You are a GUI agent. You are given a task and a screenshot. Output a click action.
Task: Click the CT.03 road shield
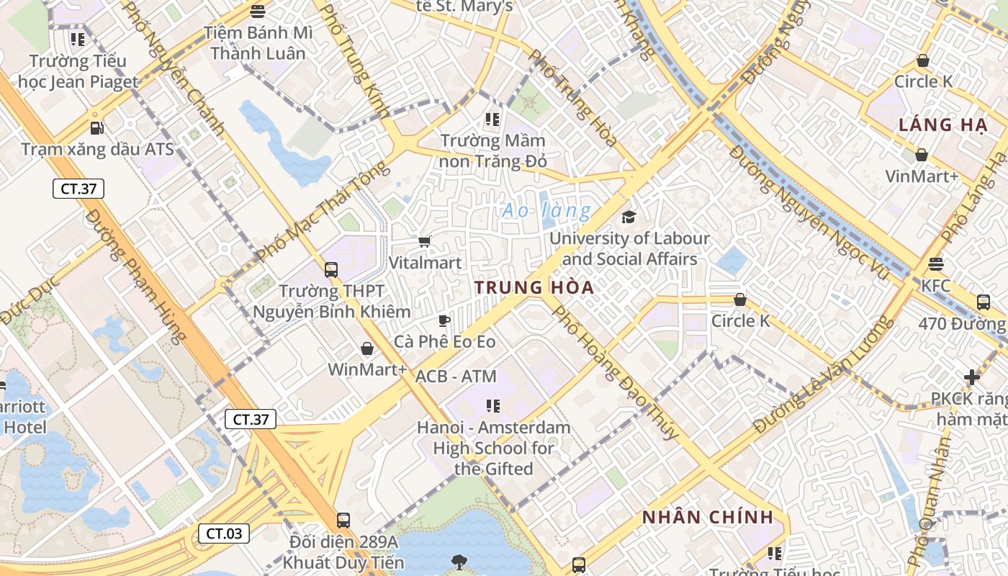click(x=224, y=534)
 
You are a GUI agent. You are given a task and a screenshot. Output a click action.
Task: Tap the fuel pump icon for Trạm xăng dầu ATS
click(x=96, y=128)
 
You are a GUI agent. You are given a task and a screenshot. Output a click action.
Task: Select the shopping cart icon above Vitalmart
click(x=425, y=242)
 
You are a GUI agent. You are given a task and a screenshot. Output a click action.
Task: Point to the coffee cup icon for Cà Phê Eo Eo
click(x=444, y=320)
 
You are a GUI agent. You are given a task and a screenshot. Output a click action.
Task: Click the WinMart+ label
click(x=367, y=369)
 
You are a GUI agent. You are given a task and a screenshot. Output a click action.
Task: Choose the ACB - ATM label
click(x=456, y=376)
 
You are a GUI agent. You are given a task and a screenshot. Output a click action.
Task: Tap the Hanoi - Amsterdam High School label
click(x=494, y=448)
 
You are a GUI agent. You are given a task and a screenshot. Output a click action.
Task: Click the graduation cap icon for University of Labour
click(x=629, y=217)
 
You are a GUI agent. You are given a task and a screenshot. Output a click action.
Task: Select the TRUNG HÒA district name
click(x=534, y=288)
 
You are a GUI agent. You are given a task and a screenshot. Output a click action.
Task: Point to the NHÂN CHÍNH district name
click(x=708, y=517)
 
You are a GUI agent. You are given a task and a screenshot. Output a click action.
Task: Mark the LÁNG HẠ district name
click(x=942, y=125)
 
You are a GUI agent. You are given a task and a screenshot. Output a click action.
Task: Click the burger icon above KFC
click(x=935, y=264)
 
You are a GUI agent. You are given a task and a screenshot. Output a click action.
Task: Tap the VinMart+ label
click(x=922, y=176)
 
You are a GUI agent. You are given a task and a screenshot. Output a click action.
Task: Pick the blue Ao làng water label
click(x=546, y=211)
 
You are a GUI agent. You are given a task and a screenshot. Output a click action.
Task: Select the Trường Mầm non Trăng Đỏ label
click(x=493, y=150)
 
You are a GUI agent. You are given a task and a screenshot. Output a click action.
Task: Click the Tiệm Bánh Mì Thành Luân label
click(x=258, y=43)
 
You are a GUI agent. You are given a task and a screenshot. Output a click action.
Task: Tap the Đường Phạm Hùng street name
click(x=137, y=277)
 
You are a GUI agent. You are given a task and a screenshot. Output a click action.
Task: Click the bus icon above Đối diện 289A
click(x=343, y=520)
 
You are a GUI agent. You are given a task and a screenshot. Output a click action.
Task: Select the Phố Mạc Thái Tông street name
click(x=323, y=212)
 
